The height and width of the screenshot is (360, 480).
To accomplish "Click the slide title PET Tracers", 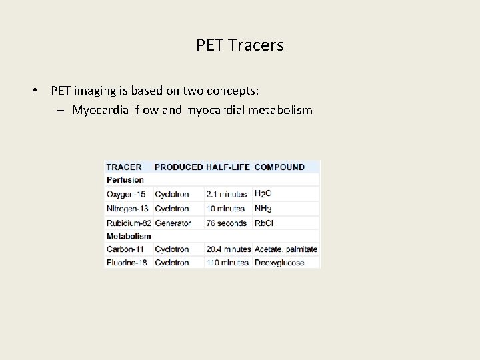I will (240, 45).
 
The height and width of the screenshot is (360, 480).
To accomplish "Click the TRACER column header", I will (124, 167).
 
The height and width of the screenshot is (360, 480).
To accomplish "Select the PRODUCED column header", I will (178, 167).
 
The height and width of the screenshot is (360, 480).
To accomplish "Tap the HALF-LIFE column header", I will (228, 167).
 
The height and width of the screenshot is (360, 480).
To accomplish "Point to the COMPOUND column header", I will (279, 167).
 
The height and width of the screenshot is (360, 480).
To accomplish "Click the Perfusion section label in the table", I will (125, 180).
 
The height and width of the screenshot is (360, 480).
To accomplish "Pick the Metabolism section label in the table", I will (129, 235).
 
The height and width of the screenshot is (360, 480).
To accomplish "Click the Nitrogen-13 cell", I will (127, 209).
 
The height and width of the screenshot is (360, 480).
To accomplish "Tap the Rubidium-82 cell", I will (129, 223).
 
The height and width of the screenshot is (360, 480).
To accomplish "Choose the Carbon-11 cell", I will (125, 249).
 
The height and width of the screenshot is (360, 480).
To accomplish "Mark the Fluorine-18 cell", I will (127, 263).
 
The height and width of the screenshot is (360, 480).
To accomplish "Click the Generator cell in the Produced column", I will (173, 223).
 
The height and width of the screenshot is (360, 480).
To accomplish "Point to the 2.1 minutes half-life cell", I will (227, 194).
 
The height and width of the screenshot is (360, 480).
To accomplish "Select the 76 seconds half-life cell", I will (227, 223).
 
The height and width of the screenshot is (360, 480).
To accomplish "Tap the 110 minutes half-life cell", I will (227, 263).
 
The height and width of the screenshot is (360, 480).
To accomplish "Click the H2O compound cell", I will (263, 194).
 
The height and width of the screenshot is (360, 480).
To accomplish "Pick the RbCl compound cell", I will (264, 223).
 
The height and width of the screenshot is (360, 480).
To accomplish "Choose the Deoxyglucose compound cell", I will (279, 263).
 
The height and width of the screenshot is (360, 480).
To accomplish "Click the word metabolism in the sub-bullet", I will (281, 110).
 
